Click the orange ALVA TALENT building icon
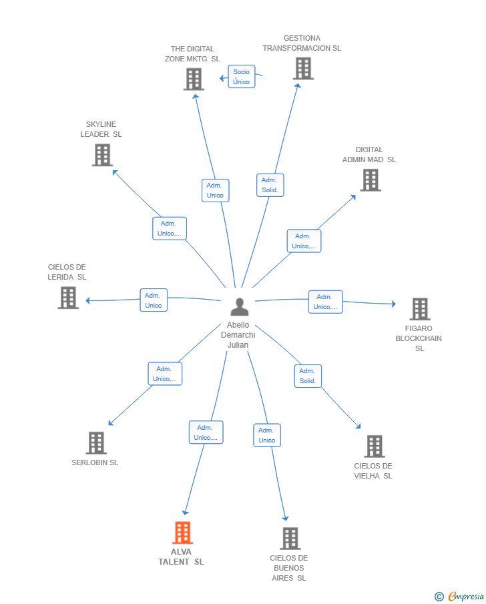182,533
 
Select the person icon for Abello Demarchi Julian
240,306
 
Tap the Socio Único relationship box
242,77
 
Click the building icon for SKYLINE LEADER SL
102,155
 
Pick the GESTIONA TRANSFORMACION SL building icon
303,69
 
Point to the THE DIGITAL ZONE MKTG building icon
194,79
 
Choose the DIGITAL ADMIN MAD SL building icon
371,180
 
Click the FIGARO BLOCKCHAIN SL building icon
420,309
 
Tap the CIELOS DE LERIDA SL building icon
68,298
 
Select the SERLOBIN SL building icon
96,443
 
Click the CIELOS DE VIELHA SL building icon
375,446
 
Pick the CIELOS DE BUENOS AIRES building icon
290,539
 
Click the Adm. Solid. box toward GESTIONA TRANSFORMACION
270,186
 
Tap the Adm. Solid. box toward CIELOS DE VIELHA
308,376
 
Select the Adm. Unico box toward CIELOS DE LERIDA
154,300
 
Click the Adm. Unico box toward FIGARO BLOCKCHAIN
326,302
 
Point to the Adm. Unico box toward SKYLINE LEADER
170,228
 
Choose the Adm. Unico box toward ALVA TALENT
206,432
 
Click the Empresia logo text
466,596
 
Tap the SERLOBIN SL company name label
95,463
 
